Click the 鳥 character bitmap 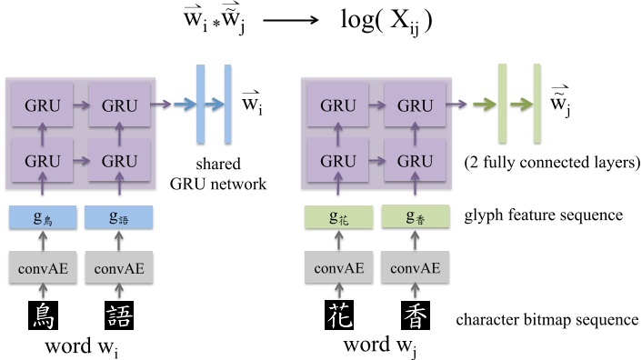[x=44, y=315]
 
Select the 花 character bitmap [x=340, y=315]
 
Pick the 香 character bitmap [x=416, y=315]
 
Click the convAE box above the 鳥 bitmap [x=44, y=268]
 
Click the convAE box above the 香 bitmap [x=416, y=268]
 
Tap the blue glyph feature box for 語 [x=119, y=218]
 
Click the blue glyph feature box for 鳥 [x=44, y=218]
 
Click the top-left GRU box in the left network [x=44, y=105]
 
